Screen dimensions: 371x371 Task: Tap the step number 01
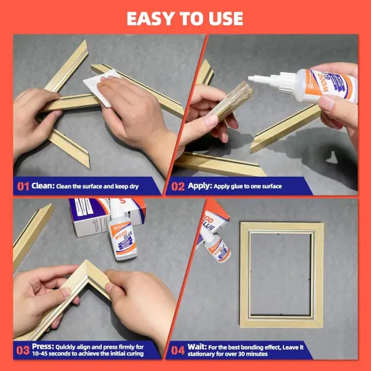tap(22, 186)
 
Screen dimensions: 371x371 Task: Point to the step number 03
tap(22, 350)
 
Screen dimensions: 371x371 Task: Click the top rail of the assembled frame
tap(283, 227)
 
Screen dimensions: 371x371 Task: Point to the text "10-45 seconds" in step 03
tap(47, 354)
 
